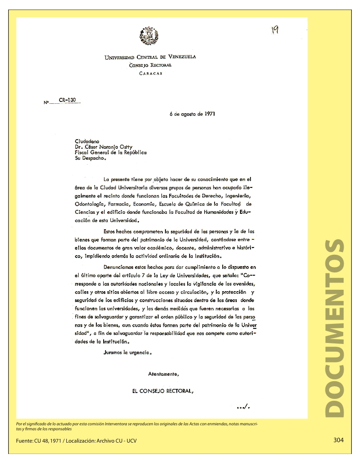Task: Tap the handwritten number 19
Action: [275, 30]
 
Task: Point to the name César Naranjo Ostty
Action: [108, 147]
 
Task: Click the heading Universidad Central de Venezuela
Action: [150, 57]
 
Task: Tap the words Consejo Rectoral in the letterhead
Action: [150, 65]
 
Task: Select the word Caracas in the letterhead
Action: [150, 73]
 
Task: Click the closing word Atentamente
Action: [164, 374]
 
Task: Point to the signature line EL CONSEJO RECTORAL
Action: [163, 391]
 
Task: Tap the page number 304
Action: [338, 440]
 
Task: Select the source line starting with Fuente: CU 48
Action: [76, 441]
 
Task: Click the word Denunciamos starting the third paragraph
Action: [120, 267]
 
